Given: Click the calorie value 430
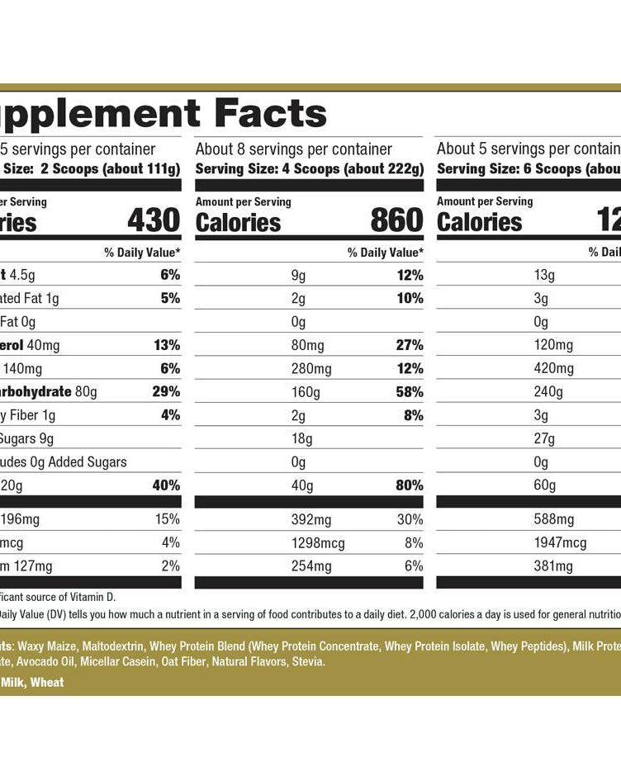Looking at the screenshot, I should pos(153,220).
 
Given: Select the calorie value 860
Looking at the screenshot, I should pos(396,220).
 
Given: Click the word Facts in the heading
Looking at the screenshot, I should pos(270,114).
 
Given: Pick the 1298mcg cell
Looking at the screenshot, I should pos(318,543).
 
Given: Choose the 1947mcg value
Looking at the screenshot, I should pos(561,543).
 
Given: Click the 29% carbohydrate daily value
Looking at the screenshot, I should pos(167,392).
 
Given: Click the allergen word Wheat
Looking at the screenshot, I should pos(48,683).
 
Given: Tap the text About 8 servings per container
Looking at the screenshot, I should pos(293,149).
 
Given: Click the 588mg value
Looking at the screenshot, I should pos(553,520).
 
